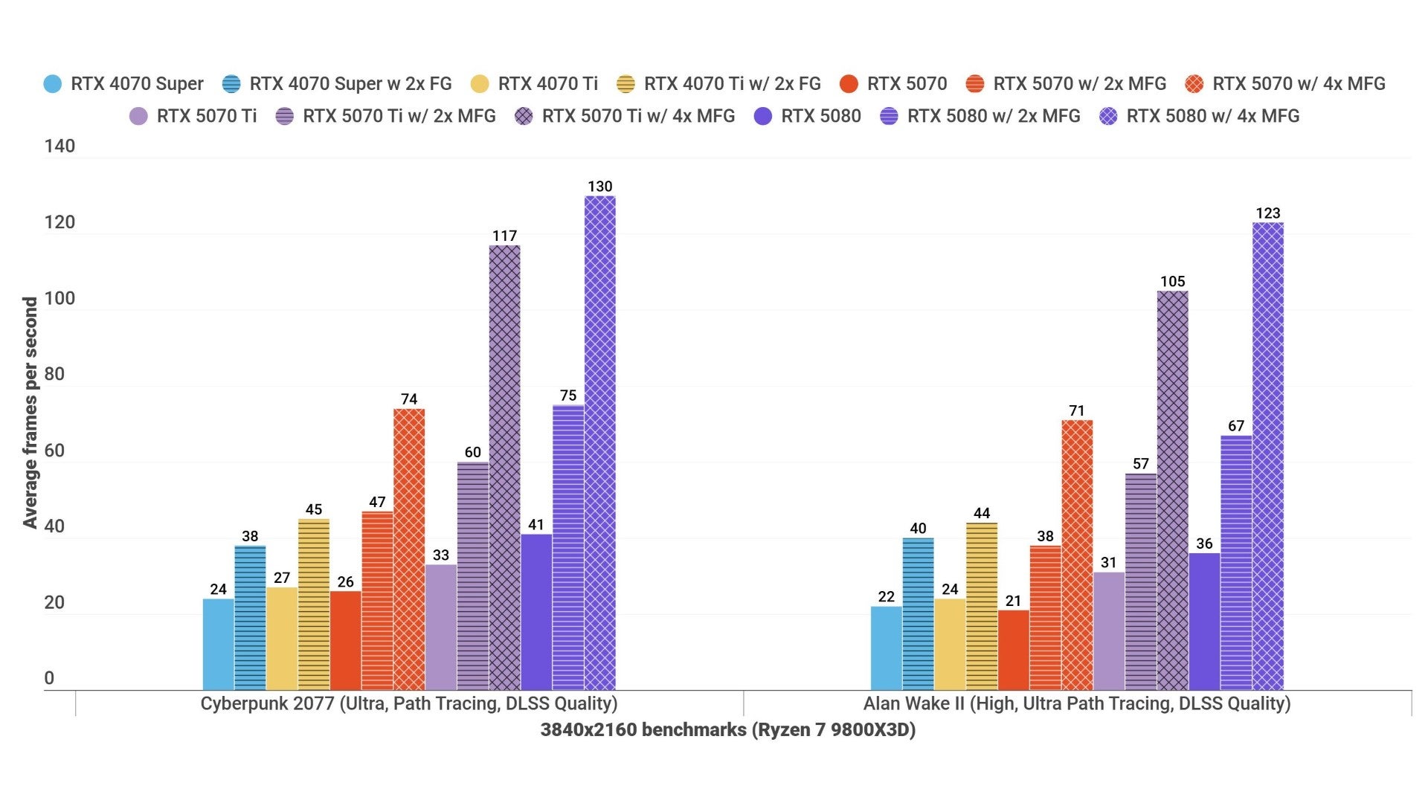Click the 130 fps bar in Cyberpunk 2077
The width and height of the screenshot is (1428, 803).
[599, 442]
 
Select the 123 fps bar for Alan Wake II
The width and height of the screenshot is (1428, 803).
[1267, 456]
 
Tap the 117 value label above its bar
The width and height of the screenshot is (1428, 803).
[504, 236]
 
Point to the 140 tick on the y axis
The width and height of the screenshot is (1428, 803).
[59, 146]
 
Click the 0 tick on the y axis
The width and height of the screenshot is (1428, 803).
[49, 678]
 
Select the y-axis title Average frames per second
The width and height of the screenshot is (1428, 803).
[30, 413]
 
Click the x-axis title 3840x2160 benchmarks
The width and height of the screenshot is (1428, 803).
[727, 729]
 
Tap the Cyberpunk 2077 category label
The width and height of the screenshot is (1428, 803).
[408, 703]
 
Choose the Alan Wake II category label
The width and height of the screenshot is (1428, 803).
[1076, 703]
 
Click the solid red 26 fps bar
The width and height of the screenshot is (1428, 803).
[345, 640]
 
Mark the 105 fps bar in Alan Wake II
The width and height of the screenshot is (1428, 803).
[1172, 490]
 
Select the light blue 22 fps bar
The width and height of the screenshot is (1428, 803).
[886, 648]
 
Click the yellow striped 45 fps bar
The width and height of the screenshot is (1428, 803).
[313, 604]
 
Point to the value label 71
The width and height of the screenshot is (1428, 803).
[1076, 411]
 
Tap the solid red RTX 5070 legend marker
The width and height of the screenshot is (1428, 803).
[849, 84]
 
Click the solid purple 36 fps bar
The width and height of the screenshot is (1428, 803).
[1204, 621]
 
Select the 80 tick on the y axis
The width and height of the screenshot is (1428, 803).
[54, 374]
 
